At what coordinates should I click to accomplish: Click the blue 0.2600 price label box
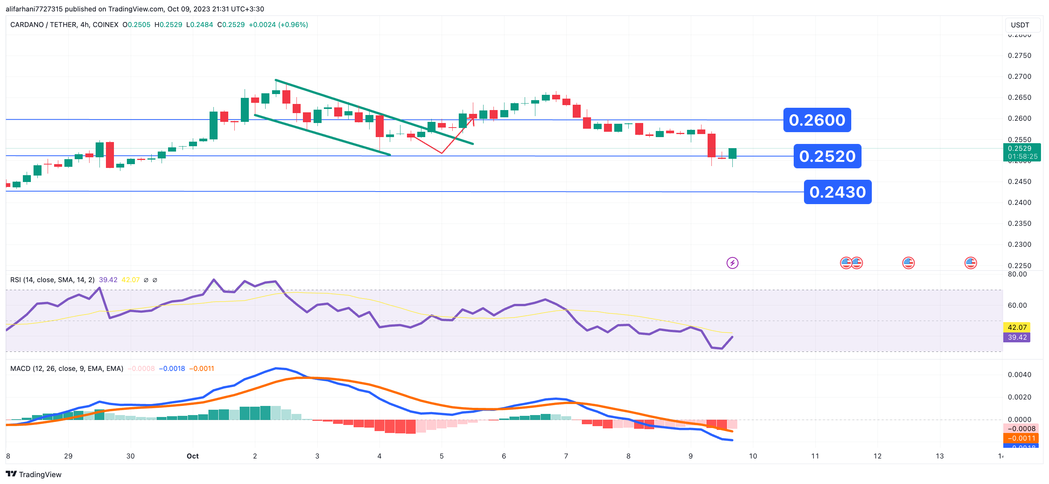pos(817,120)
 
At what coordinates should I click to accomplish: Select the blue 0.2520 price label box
pos(827,156)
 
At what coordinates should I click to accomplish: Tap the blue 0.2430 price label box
pos(838,192)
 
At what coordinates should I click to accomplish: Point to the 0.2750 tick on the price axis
pos(1019,55)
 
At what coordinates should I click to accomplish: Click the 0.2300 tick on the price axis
pos(1019,244)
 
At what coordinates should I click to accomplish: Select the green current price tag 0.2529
pos(1022,152)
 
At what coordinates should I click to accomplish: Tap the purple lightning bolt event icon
pos(732,263)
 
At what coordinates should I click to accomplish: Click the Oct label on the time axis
pos(193,456)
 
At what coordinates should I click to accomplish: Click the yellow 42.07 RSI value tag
pos(1017,327)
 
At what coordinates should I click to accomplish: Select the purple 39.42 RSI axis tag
pos(1017,337)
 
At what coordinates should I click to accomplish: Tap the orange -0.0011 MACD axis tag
pos(1020,438)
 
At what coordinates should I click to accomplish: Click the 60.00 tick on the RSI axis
pos(1017,305)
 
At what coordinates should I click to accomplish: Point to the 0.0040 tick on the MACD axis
pos(1019,374)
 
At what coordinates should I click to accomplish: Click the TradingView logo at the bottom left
pos(34,474)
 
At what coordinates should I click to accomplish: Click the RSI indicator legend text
pos(52,280)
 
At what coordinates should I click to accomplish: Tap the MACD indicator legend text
pos(66,368)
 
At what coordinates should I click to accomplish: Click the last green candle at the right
pos(732,153)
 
